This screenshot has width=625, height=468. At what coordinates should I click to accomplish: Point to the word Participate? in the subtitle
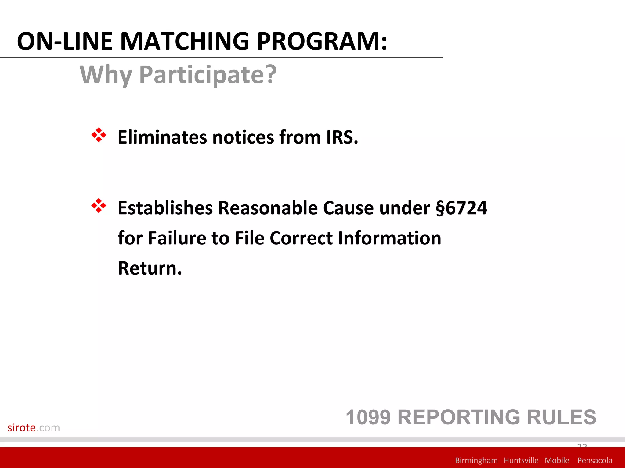(x=208, y=75)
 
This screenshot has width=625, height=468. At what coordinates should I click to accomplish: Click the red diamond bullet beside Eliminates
(x=99, y=135)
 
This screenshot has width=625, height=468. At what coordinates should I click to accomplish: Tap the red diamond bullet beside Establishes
(x=99, y=206)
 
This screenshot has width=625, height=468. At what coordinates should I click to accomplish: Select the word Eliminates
(x=162, y=137)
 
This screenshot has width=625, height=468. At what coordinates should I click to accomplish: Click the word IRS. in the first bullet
(x=342, y=137)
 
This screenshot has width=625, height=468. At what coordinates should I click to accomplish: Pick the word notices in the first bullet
(x=243, y=137)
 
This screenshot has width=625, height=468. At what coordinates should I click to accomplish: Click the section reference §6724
(x=461, y=208)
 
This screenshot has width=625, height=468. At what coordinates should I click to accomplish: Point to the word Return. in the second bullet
(x=150, y=268)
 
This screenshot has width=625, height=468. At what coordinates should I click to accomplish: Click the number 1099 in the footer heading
(x=368, y=417)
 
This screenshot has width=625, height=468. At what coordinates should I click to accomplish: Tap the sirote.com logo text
(x=34, y=428)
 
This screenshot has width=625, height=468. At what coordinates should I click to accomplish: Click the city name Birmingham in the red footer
(x=476, y=460)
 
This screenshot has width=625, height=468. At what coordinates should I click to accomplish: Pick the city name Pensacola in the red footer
(x=594, y=460)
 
